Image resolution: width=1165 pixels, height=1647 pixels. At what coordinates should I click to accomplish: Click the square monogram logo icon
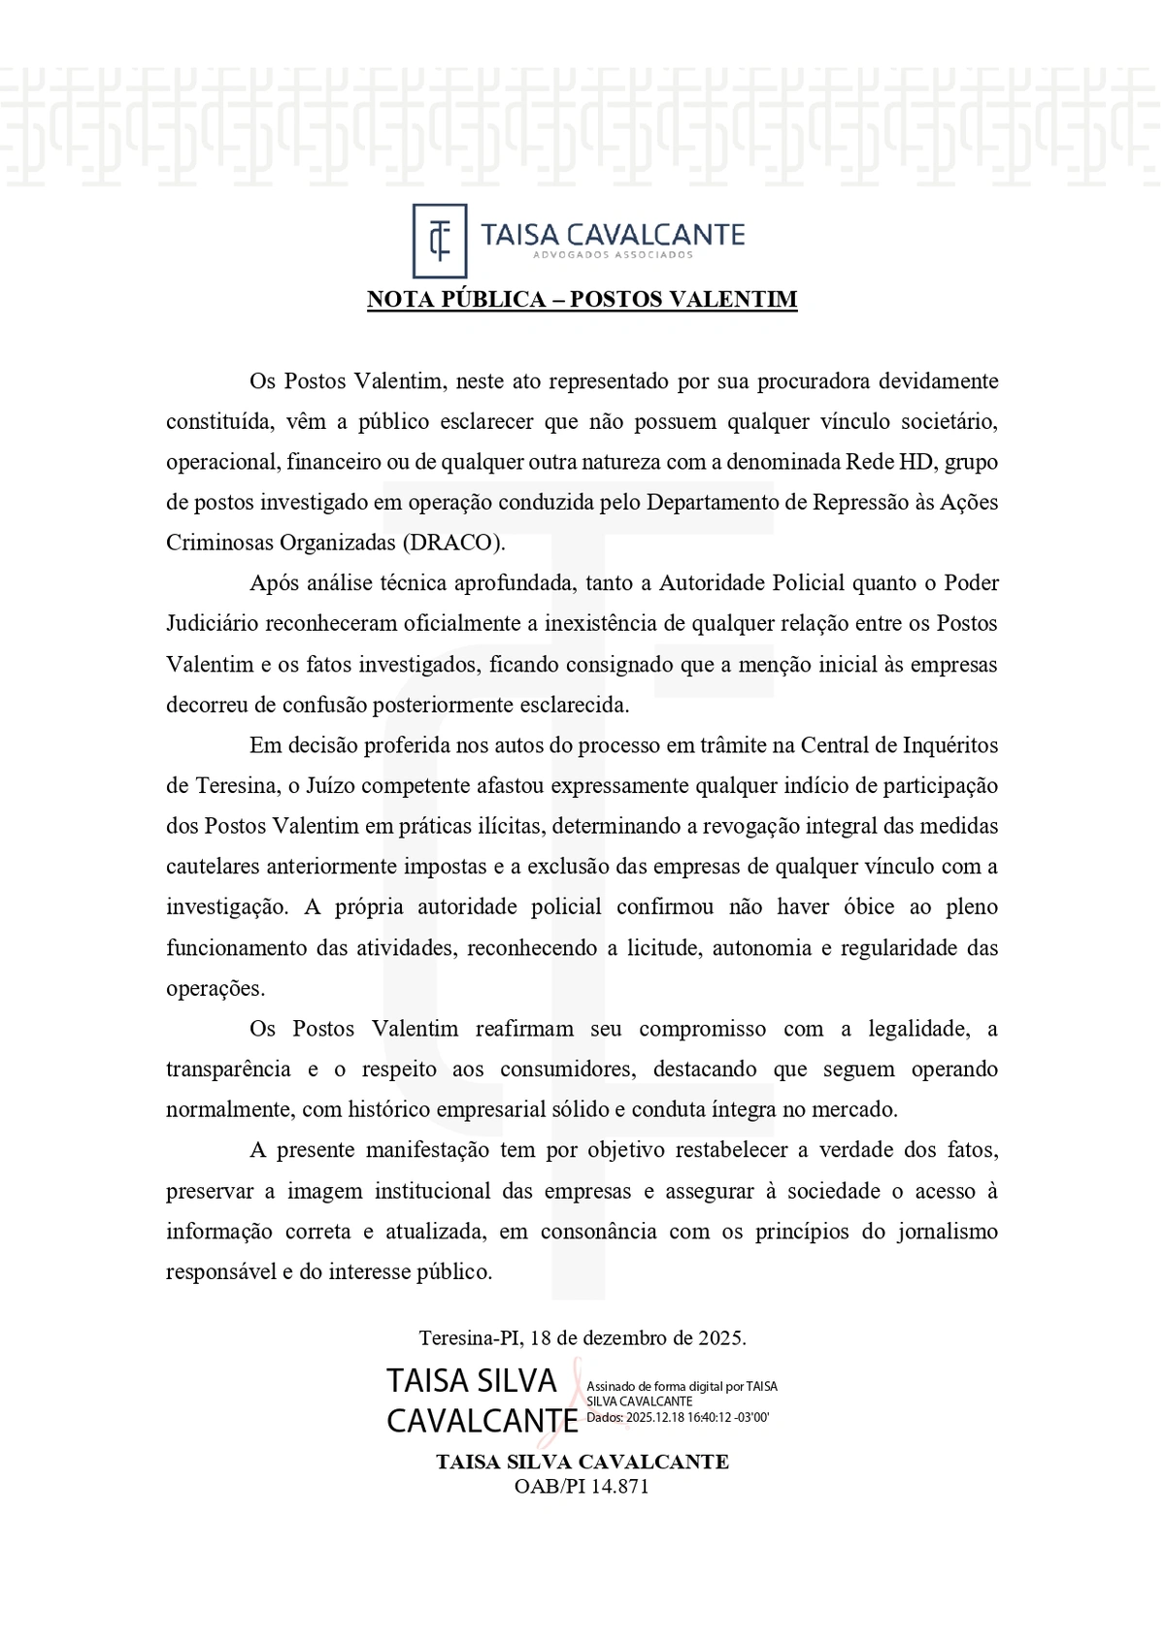point(440,240)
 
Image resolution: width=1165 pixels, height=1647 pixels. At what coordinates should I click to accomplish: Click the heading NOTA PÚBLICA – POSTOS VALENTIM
point(582,299)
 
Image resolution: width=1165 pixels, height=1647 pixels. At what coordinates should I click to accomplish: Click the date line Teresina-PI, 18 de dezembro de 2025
point(582,1338)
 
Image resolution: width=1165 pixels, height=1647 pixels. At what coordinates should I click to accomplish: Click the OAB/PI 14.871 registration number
point(582,1487)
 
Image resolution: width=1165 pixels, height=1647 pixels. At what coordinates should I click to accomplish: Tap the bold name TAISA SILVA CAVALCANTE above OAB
point(582,1463)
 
